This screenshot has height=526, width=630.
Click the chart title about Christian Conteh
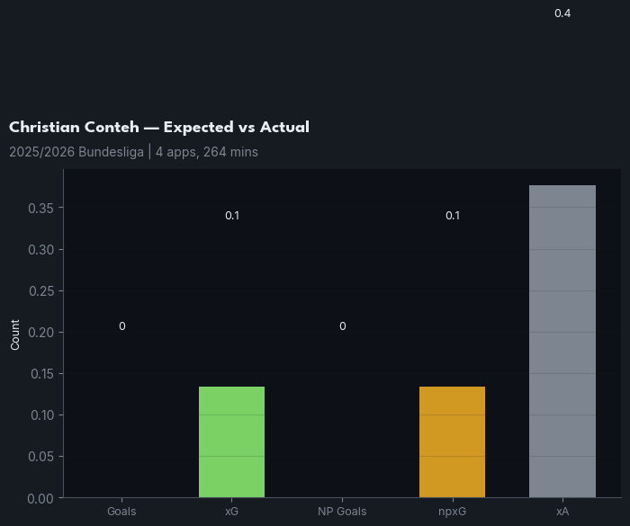coord(159,128)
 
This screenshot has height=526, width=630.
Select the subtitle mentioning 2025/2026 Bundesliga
coord(133,152)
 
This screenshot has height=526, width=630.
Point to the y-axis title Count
coord(15,334)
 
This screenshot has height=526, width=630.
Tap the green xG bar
coord(231,441)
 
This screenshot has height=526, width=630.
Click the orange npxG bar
coord(452,441)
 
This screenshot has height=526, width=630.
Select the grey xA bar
coord(562,341)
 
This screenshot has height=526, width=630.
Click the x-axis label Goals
coord(121,512)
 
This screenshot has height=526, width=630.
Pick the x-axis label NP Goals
coord(342,512)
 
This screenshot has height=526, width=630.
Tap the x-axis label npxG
coord(452,512)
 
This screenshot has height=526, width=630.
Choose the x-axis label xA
coord(562,512)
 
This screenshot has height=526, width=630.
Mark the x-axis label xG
coord(231,512)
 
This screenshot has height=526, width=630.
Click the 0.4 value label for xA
coord(562,13)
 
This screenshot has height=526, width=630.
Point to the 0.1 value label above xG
coord(232,216)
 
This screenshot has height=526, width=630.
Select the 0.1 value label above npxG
coord(453,216)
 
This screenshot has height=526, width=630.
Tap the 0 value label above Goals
coord(121,326)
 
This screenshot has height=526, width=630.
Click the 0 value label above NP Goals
coord(342,326)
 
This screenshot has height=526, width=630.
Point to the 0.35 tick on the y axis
coord(41,208)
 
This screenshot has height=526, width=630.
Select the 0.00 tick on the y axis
coord(41,497)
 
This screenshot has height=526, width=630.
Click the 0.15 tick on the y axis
coord(41,373)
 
